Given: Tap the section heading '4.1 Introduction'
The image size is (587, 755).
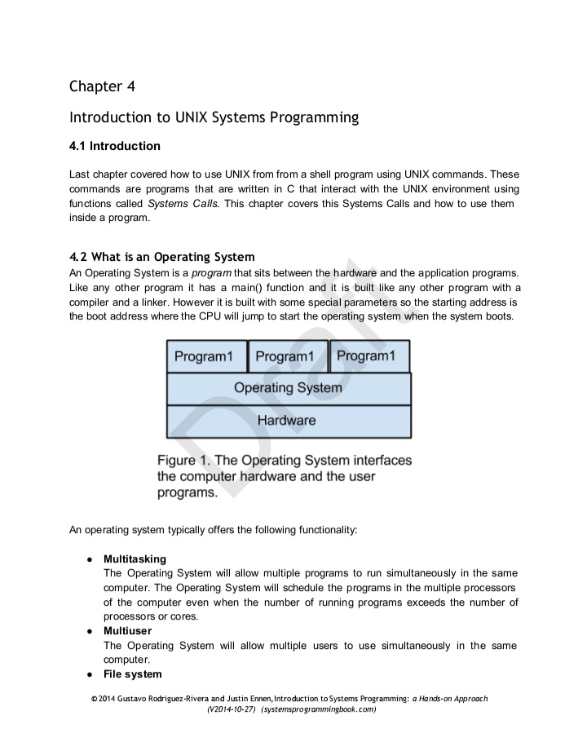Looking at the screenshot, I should pyautogui.click(x=114, y=147).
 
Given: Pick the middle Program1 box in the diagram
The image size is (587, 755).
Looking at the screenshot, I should pyautogui.click(x=288, y=356).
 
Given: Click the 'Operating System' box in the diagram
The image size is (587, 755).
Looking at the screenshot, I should pyautogui.click(x=289, y=388).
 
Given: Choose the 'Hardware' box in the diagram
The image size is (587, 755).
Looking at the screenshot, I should pyautogui.click(x=289, y=421).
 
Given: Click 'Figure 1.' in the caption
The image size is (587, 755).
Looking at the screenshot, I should pyautogui.click(x=183, y=461).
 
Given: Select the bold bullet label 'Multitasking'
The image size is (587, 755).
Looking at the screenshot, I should pyautogui.click(x=135, y=559).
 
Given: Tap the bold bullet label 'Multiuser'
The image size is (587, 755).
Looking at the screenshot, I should pyautogui.click(x=127, y=631).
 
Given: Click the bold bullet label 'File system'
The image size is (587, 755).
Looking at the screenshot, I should pyautogui.click(x=132, y=674).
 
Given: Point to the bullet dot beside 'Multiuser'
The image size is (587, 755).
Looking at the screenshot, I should pyautogui.click(x=87, y=631).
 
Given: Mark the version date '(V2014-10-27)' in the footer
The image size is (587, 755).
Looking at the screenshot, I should pyautogui.click(x=232, y=710).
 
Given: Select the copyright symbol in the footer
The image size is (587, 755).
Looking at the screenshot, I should pyautogui.click(x=94, y=700).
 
